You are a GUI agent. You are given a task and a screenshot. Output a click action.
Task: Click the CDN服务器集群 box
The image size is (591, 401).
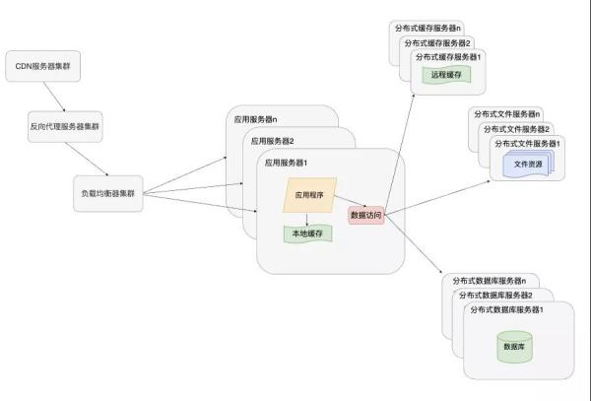(x=43, y=66)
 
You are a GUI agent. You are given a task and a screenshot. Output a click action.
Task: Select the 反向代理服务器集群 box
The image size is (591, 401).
(x=65, y=127)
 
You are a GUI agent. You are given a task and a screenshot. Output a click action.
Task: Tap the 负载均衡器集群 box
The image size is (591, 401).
(x=108, y=194)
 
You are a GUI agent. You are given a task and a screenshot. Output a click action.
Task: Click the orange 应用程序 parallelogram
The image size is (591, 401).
(x=310, y=195)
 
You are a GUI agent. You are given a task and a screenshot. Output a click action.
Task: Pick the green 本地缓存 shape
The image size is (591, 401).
(x=308, y=234)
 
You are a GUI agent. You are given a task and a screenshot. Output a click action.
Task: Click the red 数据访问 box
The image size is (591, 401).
(x=366, y=215)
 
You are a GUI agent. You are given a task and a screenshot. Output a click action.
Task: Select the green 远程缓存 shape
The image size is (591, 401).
(x=446, y=75)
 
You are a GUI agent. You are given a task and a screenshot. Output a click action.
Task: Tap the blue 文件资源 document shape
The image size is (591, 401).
(x=528, y=164)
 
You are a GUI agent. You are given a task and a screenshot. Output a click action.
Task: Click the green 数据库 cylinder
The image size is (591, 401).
(x=514, y=347)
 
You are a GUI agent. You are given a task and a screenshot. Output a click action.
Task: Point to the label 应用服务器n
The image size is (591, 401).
(x=255, y=119)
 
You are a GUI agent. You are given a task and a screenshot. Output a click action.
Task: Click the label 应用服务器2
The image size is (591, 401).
(x=272, y=141)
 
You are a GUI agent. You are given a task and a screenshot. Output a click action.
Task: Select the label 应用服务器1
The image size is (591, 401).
(x=286, y=163)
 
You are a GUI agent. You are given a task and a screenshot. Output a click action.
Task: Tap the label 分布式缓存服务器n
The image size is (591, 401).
(x=427, y=29)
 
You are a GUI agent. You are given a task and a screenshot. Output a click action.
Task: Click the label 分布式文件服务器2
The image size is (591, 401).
(x=516, y=129)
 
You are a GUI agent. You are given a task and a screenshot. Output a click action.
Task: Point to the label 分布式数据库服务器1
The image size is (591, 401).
(x=506, y=309)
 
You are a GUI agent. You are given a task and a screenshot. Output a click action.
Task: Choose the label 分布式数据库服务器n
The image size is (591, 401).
(x=490, y=281)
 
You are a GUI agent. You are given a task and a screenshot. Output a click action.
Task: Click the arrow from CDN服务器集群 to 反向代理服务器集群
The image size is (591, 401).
(x=54, y=97)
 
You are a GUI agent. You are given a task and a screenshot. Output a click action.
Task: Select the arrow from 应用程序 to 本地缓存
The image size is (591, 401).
(x=307, y=220)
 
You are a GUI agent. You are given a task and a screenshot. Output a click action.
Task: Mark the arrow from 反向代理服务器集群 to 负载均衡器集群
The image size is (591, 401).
(x=87, y=159)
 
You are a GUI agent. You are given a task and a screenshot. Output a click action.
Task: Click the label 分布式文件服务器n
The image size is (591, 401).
(x=506, y=114)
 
